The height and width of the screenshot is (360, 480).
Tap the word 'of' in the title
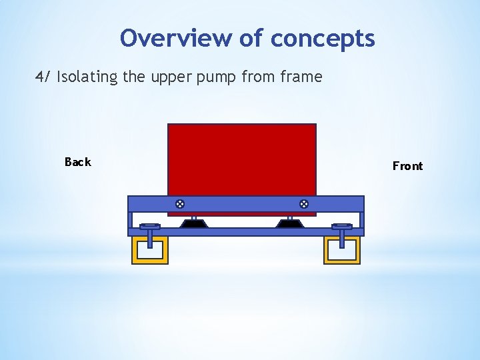(x=251, y=38)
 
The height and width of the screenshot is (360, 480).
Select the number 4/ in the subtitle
(x=43, y=77)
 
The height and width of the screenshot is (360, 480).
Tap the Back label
(x=77, y=162)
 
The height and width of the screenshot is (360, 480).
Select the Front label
(x=407, y=166)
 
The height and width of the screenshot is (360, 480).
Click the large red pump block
(x=241, y=160)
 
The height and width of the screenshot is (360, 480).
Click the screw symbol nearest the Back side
(x=179, y=203)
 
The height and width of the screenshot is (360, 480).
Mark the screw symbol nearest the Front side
(x=303, y=203)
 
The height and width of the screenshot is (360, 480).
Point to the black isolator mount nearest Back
(x=194, y=223)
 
